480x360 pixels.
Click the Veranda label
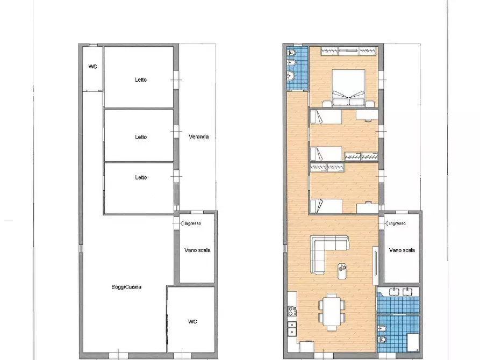[199, 136]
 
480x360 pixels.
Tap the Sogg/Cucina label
[126, 287]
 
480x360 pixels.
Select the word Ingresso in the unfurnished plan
[192, 224]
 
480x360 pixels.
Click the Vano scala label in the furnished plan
[402, 250]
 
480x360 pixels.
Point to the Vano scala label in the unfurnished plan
[197, 250]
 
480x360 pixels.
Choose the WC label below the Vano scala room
[192, 321]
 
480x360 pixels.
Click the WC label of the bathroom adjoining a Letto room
[93, 67]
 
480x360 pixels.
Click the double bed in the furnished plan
[348, 88]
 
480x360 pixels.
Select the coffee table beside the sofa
[342, 271]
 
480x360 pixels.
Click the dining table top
[332, 312]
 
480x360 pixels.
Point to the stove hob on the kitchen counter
[292, 311]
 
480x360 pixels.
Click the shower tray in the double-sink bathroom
[413, 342]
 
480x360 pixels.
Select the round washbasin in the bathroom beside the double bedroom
[291, 75]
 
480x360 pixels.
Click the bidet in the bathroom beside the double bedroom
[291, 63]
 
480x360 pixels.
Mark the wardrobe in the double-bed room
[348, 51]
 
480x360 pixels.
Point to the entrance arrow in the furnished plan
[387, 224]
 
